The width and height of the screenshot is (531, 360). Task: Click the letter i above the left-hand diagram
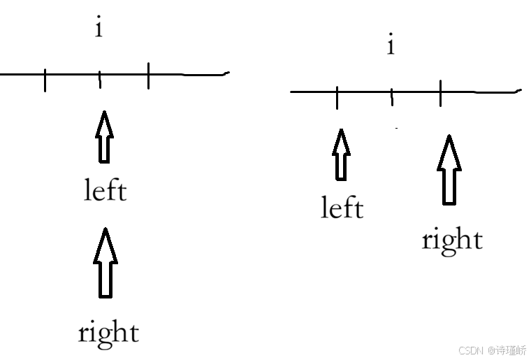pyautogui.click(x=99, y=29)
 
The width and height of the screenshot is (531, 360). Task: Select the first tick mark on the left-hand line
pyautogui.click(x=45, y=80)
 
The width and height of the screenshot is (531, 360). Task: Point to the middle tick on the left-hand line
pyautogui.click(x=99, y=80)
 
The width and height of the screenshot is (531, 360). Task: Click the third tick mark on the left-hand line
pyautogui.click(x=148, y=76)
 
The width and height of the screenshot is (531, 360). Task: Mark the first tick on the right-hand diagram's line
pyautogui.click(x=337, y=97)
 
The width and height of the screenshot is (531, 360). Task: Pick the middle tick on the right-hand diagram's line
pyautogui.click(x=392, y=97)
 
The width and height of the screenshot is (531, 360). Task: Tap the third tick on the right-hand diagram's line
pyautogui.click(x=441, y=94)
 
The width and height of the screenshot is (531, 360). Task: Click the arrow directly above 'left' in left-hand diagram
pyautogui.click(x=103, y=136)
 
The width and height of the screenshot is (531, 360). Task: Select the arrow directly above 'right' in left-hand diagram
pyautogui.click(x=105, y=262)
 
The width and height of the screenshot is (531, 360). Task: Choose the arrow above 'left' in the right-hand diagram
pyautogui.click(x=341, y=154)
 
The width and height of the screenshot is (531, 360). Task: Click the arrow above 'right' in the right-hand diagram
pyautogui.click(x=449, y=170)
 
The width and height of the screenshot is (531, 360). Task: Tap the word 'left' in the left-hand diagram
pyautogui.click(x=105, y=190)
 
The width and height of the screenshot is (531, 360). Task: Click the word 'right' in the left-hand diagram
pyautogui.click(x=108, y=333)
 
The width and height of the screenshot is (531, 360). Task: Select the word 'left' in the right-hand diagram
pyautogui.click(x=342, y=208)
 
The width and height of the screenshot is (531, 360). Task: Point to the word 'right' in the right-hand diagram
pyautogui.click(x=452, y=240)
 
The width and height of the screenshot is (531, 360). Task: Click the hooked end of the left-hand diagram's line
pyautogui.click(x=225, y=73)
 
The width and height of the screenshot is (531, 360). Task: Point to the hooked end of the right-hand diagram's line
pyautogui.click(x=518, y=90)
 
